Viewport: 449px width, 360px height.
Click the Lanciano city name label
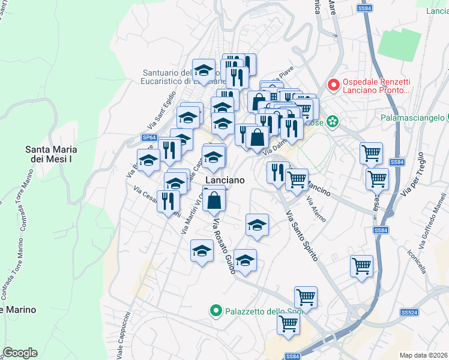225,180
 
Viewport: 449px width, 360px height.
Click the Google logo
20,353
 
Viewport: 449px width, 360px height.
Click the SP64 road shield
149,137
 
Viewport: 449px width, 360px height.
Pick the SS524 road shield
409,313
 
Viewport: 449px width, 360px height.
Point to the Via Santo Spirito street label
302,235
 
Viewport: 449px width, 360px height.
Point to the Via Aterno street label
316,208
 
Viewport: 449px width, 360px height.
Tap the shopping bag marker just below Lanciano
214,200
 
